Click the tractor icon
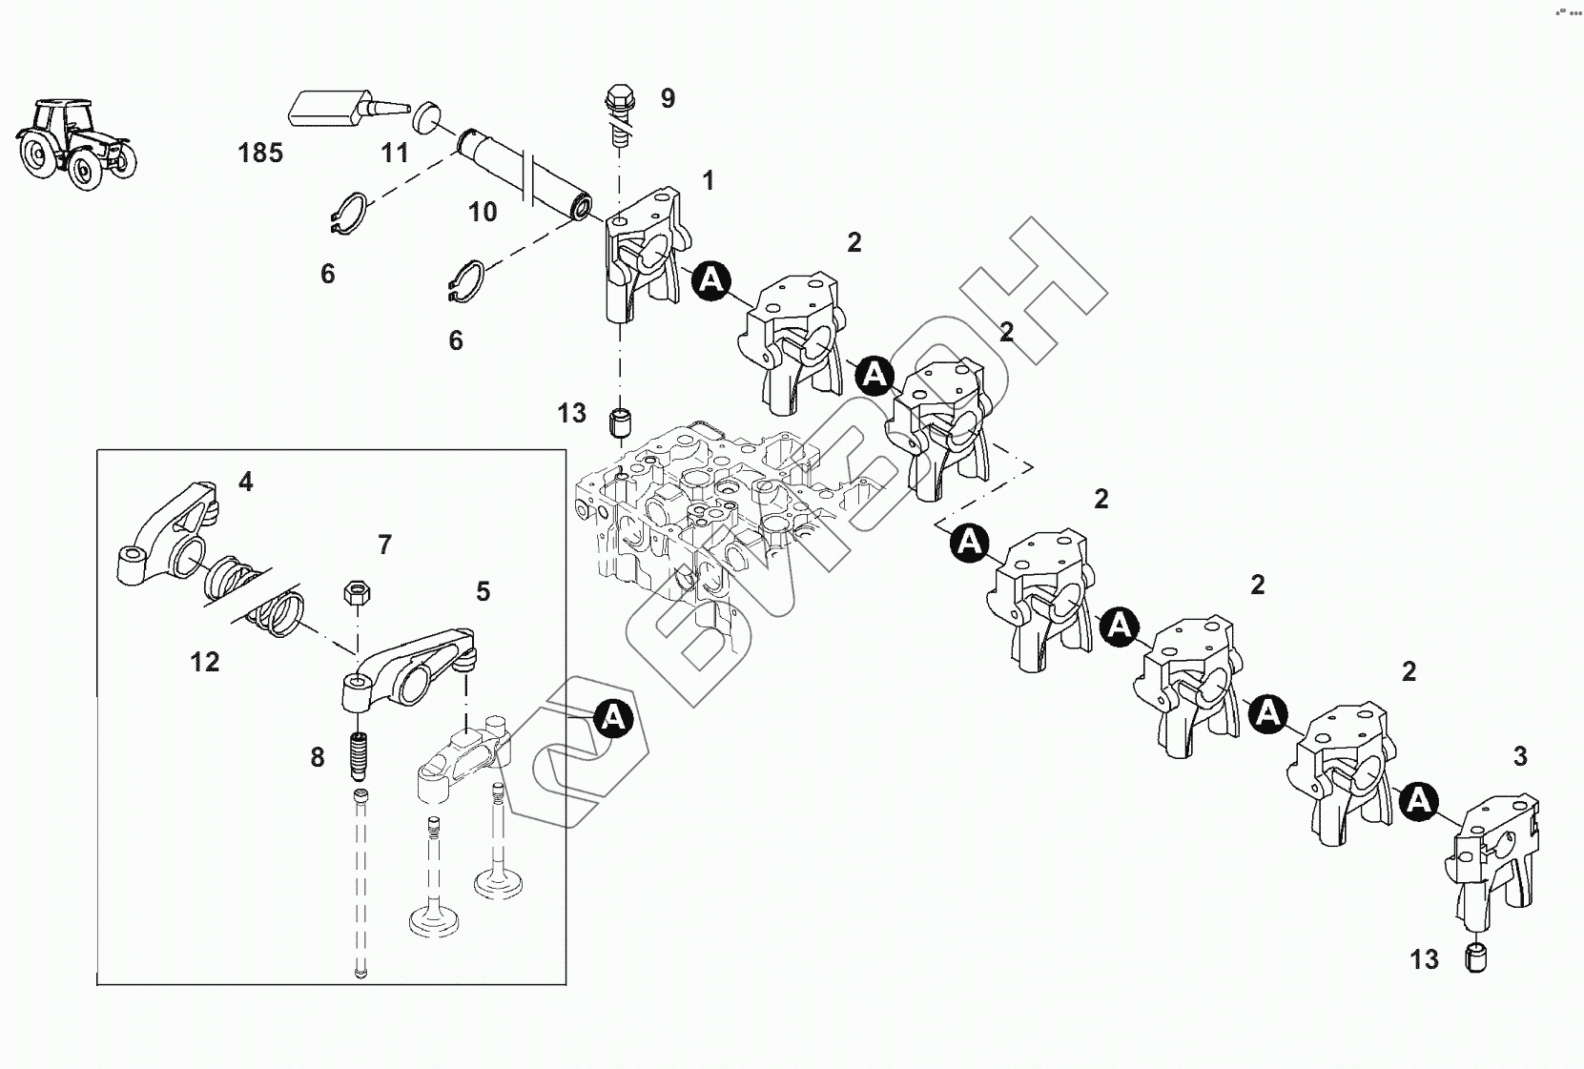(75, 144)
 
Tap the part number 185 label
(260, 153)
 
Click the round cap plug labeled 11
(426, 114)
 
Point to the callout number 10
(483, 212)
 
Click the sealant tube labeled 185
(347, 110)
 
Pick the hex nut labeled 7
(357, 592)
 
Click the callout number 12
(205, 663)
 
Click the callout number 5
(483, 592)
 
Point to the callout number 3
(1520, 756)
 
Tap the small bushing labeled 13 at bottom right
(1476, 958)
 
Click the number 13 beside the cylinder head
(571, 413)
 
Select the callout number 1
(708, 181)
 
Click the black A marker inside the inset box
(613, 718)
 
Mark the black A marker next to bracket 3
(1418, 801)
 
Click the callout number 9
(669, 98)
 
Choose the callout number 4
(245, 483)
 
